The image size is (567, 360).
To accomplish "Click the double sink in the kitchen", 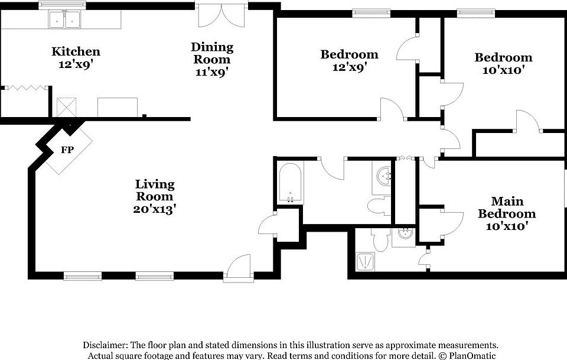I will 64,21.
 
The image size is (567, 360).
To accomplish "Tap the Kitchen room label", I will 76,52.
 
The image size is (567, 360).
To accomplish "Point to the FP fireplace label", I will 67,150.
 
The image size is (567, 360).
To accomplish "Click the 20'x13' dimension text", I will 155,209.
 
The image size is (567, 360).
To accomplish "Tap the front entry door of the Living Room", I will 239,267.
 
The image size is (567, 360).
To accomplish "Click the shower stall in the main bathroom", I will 367,261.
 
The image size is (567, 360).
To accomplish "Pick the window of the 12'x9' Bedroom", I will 371,12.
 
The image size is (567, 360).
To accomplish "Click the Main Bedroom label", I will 507,207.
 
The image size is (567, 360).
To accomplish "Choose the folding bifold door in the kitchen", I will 25,87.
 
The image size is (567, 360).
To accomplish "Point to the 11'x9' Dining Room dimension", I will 212,72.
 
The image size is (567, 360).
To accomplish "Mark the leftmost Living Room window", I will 82,275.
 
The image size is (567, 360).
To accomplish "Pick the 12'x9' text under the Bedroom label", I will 348,67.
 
